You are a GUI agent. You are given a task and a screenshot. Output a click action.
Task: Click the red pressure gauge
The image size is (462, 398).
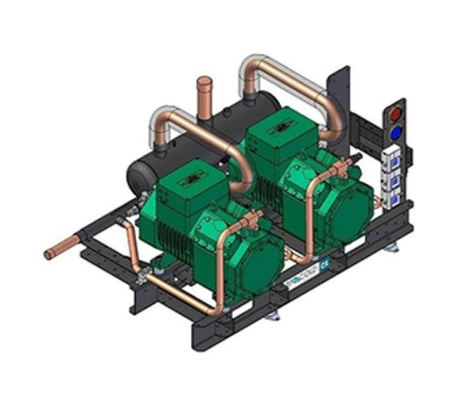click(397, 113)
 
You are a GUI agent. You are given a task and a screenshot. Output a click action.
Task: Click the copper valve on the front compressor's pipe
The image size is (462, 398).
click(254, 215)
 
